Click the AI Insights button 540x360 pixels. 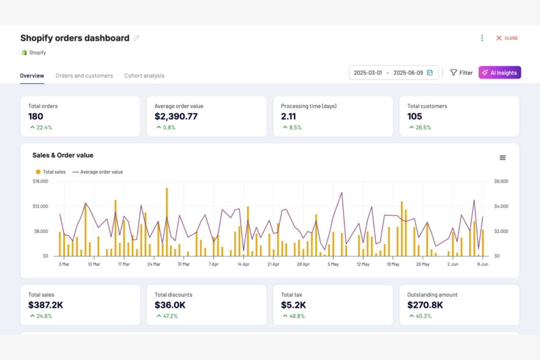[499, 73]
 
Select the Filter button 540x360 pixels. [461, 73]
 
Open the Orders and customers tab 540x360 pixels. [84, 76]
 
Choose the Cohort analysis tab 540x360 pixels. [144, 76]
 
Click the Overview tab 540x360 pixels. [32, 76]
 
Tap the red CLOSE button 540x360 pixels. [507, 38]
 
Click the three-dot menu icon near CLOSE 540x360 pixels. [482, 38]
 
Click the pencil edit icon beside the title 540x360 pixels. [136, 38]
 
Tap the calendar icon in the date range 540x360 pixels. [430, 73]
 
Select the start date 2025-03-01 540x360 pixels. [368, 73]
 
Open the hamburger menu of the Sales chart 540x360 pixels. [502, 158]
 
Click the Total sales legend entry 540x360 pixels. [51, 172]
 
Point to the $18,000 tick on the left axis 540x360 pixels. [40, 181]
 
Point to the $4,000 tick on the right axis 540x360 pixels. [501, 206]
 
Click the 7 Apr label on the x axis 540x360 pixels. [213, 264]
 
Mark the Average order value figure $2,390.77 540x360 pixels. [176, 116]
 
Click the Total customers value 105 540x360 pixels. [414, 116]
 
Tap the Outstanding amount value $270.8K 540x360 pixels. [425, 305]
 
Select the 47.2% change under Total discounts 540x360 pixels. [170, 316]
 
